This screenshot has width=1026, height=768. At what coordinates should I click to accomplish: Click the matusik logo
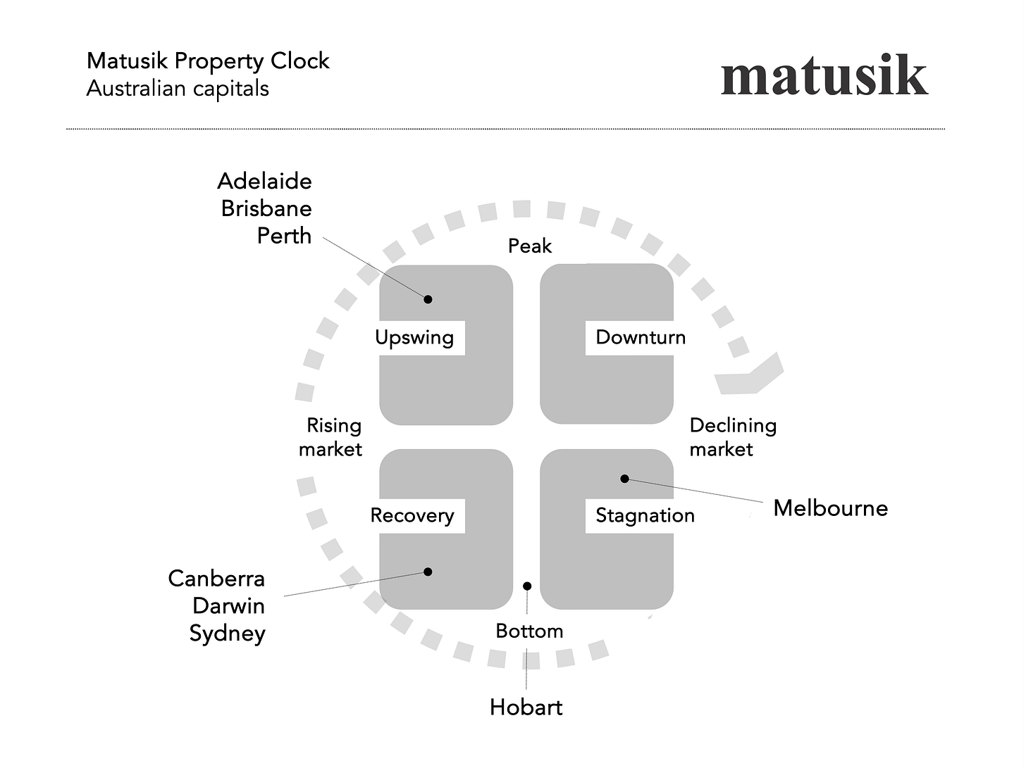point(824,76)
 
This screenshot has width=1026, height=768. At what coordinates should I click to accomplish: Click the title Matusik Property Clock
point(208,61)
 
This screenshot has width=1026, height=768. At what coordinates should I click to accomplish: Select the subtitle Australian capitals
point(178,89)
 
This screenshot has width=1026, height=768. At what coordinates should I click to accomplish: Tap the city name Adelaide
point(264,181)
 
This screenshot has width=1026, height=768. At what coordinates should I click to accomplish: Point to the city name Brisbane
point(266,208)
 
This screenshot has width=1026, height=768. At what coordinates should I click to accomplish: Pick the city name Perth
point(283,236)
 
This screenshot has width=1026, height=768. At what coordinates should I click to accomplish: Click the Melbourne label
point(830,508)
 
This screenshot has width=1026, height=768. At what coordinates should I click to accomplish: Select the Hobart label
point(526,707)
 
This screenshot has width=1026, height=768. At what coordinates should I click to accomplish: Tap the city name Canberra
point(216,579)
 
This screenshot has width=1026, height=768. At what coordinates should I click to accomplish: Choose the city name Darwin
point(228,606)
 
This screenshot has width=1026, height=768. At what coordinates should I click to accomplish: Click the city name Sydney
point(227,634)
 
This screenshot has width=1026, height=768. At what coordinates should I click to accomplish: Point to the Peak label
point(530,246)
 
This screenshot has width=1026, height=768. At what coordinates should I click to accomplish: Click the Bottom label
point(529,631)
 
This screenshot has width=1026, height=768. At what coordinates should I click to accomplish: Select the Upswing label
point(414,337)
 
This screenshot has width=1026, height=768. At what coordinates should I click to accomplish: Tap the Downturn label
point(640,337)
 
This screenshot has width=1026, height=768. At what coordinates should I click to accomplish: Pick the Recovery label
point(412,515)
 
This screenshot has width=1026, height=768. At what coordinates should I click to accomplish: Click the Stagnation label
point(645,515)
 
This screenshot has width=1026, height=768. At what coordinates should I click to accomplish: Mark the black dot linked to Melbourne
point(624,479)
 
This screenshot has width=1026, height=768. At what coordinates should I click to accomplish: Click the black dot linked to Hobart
point(527,586)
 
